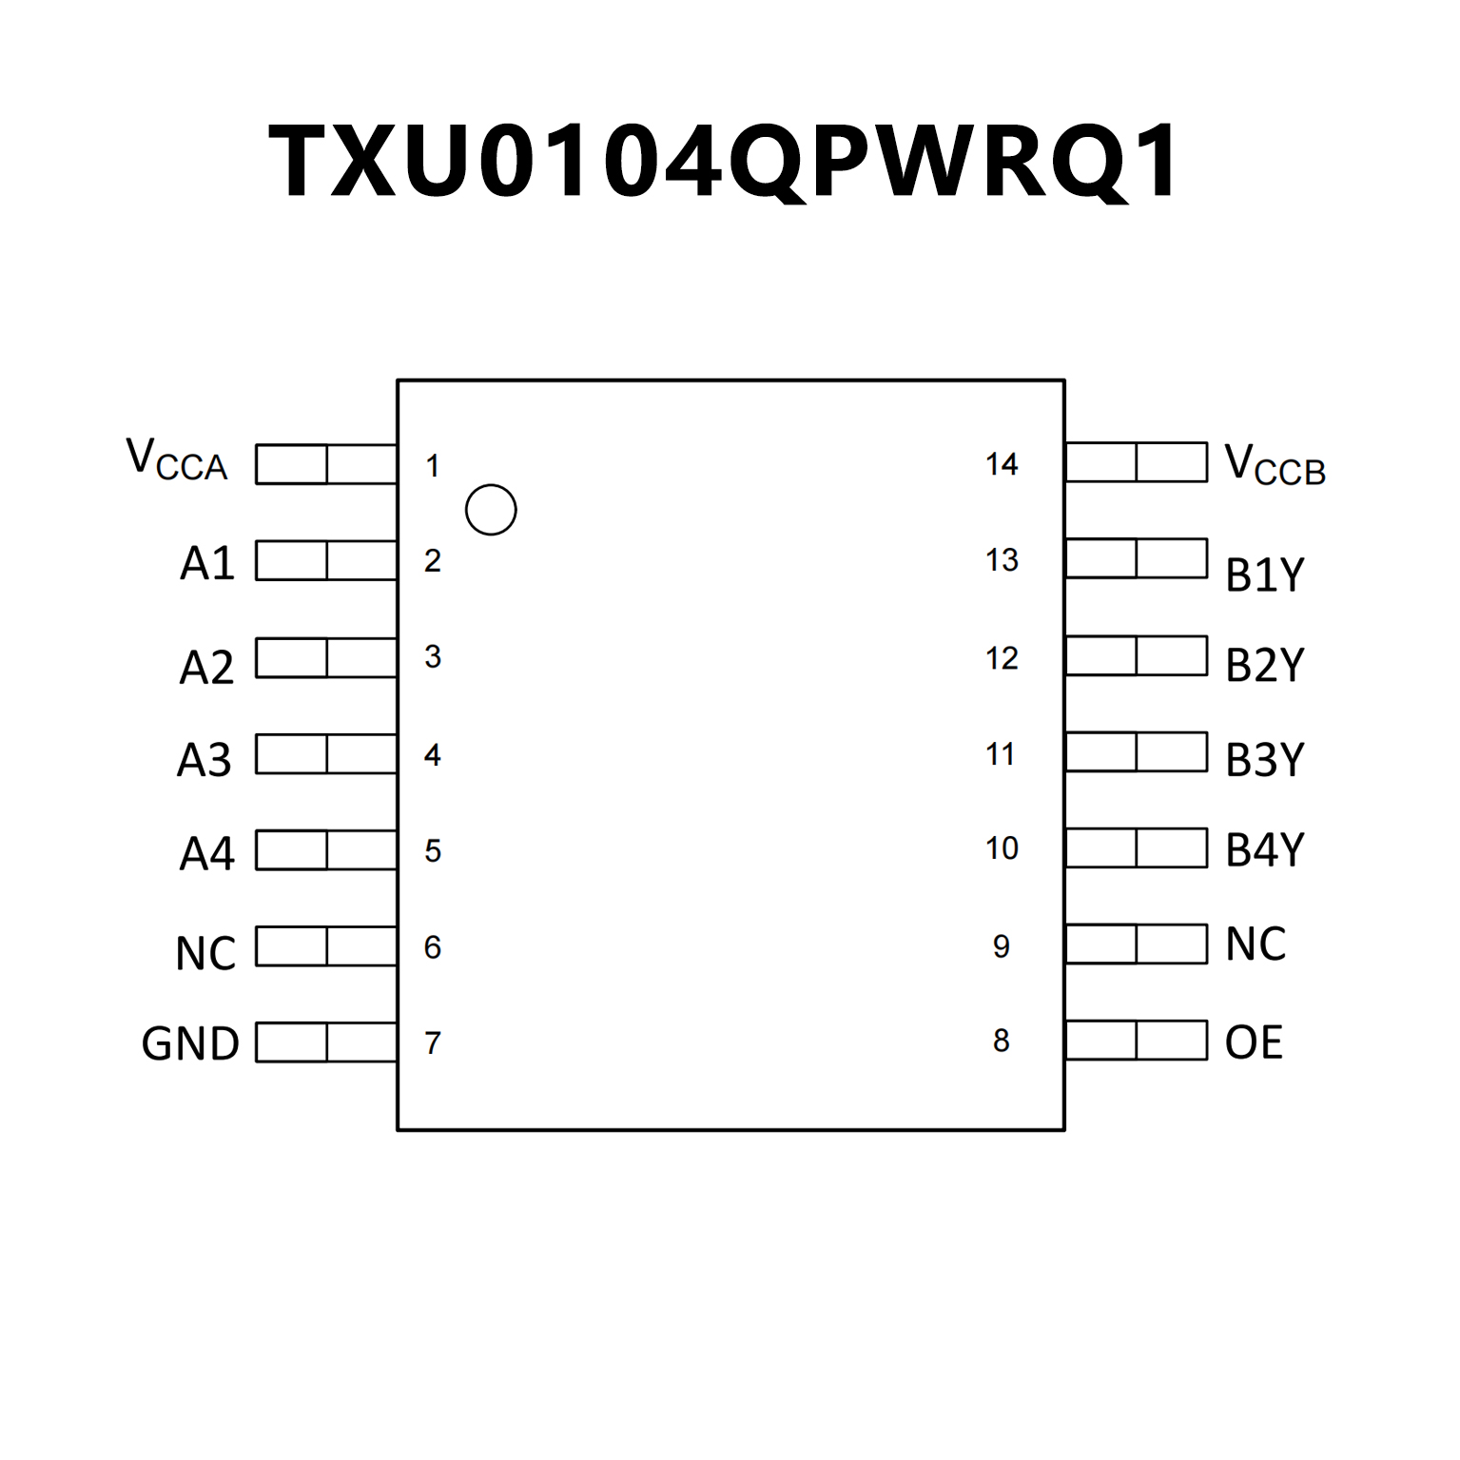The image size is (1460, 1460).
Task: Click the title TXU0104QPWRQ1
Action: pos(725,162)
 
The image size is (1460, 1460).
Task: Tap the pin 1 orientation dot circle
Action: pos(491,510)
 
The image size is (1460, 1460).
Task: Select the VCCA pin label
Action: pos(178,460)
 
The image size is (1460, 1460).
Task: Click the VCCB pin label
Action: pos(1275,466)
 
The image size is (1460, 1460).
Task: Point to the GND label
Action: pos(190,1043)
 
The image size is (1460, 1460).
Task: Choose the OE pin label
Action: pos(1254,1042)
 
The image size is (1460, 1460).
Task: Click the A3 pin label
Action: pos(204,760)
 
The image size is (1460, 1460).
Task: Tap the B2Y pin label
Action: pos(1264,665)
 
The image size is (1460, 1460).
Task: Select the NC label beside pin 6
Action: pos(205,953)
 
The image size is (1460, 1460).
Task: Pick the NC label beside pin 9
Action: pos(1256,944)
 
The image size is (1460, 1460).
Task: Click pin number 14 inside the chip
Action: pos(1002,464)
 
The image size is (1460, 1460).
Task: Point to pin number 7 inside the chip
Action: pos(433,1043)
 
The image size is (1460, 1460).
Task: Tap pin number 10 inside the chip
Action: pos(1002,847)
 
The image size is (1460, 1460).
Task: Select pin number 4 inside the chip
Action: pos(433,755)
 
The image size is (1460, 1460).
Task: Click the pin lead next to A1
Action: pos(326,560)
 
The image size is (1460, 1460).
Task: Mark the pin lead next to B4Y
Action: pos(1137,847)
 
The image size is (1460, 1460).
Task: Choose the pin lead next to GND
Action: pos(326,1041)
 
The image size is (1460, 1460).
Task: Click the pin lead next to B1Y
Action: pos(1137,558)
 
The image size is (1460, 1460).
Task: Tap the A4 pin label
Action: pos(206,853)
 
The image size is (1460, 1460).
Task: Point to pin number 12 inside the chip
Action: pos(1002,658)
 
